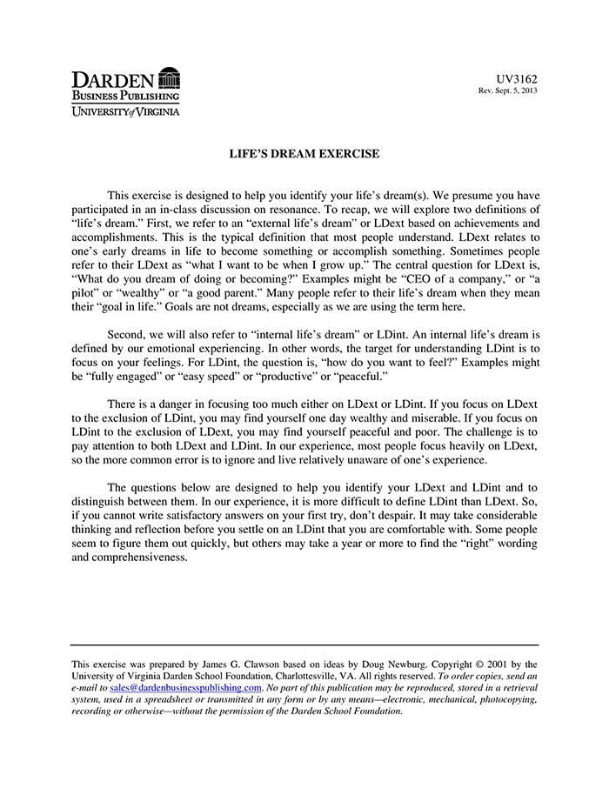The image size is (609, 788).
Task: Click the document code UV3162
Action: [x=517, y=78]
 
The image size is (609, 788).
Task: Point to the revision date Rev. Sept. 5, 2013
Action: [x=508, y=91]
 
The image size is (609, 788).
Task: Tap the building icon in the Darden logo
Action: [x=170, y=78]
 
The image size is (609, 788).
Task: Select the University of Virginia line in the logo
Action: [x=125, y=111]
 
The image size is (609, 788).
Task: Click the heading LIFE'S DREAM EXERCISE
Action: [x=304, y=154]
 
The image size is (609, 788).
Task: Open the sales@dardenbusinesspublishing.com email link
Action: [x=186, y=686]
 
